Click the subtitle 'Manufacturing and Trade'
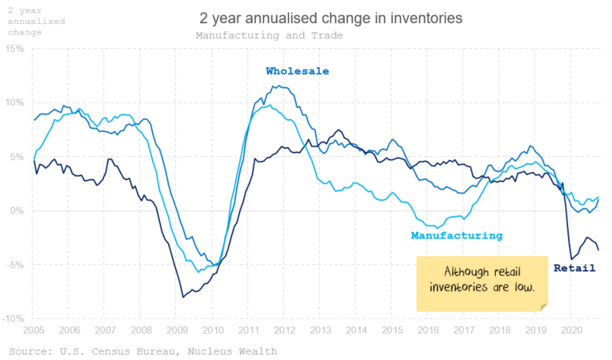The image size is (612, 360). [269, 36]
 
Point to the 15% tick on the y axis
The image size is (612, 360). [15, 49]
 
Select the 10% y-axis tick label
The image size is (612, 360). [15, 103]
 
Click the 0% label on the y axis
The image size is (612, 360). [18, 211]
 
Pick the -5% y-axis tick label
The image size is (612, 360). [15, 265]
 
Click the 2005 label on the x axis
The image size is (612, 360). [33, 330]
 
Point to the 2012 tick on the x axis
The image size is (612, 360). [283, 330]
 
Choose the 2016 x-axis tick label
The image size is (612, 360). [427, 330]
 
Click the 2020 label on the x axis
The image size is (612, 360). [570, 330]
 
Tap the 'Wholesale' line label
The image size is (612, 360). [297, 71]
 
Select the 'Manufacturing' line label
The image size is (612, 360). [456, 236]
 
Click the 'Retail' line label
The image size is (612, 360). [574, 268]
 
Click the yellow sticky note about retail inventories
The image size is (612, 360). [482, 282]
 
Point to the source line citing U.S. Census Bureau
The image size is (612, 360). [142, 351]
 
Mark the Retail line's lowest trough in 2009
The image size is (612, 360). [183, 297]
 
